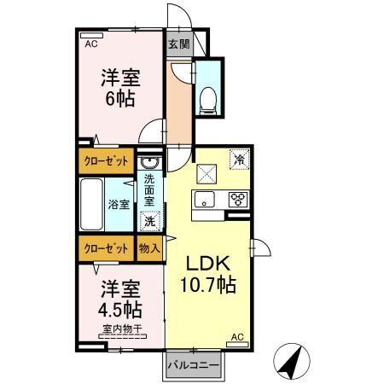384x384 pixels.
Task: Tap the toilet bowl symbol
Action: [x=207, y=99]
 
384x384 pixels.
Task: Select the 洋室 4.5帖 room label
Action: [x=119, y=298]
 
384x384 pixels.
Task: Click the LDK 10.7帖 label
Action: [x=208, y=273]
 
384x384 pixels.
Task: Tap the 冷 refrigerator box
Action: [x=239, y=160]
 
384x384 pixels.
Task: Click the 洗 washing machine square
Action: [x=149, y=220]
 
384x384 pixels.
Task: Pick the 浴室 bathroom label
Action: [x=119, y=204]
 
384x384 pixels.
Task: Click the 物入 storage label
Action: [x=149, y=247]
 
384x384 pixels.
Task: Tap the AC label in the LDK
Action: [x=239, y=339]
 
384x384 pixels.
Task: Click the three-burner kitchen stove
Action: [x=237, y=201]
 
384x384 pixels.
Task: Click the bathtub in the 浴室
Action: [x=91, y=204]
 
